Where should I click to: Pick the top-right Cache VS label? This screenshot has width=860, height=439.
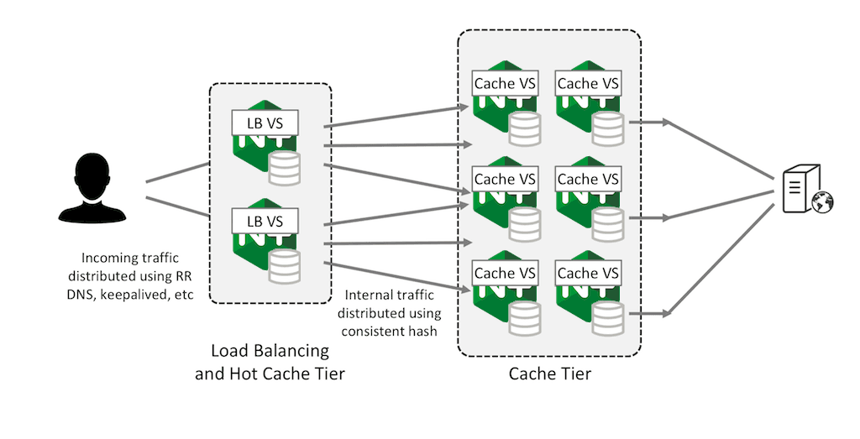588,83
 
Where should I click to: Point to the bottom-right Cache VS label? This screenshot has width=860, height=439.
588,273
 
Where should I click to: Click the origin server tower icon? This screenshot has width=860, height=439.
796,191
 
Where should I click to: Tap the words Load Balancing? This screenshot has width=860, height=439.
269,351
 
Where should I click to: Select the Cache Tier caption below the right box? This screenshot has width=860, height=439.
550,374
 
